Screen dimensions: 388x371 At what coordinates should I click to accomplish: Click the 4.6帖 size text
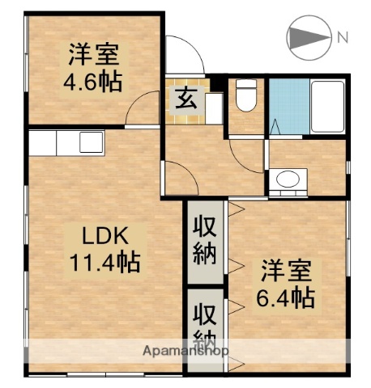92,82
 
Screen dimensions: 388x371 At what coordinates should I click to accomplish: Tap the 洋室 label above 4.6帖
92,57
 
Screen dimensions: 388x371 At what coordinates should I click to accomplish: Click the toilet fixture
245,98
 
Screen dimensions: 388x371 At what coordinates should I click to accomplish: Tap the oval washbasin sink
285,179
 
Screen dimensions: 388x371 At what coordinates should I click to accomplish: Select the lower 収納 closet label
205,326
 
